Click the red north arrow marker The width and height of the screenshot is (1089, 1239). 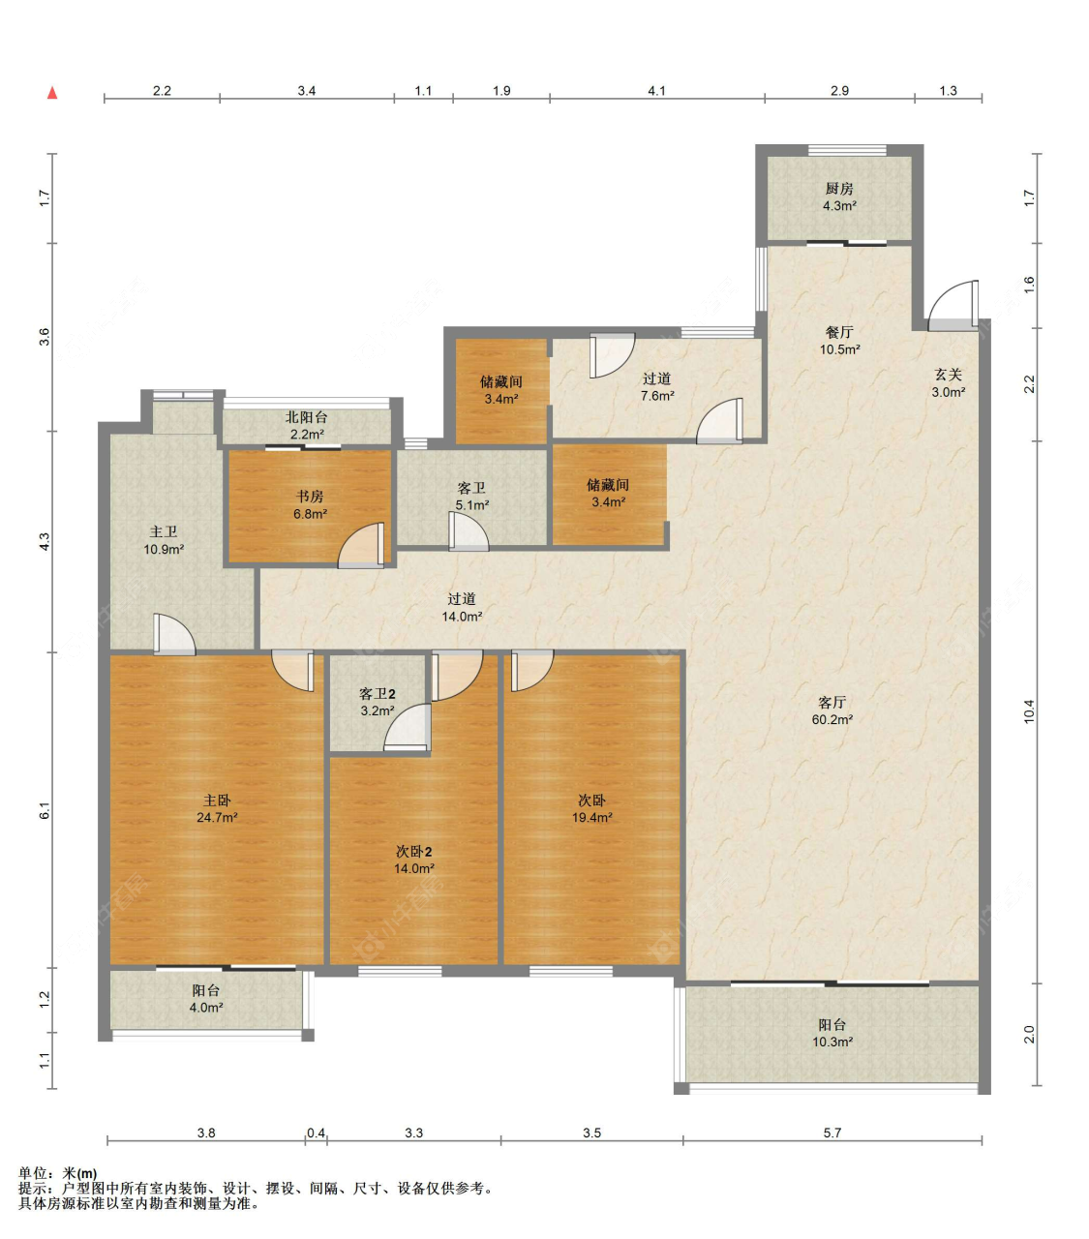tap(52, 93)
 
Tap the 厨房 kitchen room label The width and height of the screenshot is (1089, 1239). tap(838, 189)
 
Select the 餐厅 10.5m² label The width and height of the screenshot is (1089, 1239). tap(839, 341)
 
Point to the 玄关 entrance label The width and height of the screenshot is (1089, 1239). tap(948, 375)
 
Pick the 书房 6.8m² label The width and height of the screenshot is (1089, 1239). tap(310, 505)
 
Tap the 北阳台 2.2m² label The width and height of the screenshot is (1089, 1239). tap(306, 426)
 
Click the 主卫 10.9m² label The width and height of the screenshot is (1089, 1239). tap(164, 540)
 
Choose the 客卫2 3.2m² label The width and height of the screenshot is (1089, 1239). tap(378, 702)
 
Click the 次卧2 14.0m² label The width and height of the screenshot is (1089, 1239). tap(414, 860)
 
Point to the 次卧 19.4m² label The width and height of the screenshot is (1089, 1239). tap(591, 808)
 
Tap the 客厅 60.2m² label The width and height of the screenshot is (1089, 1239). tap(832, 710)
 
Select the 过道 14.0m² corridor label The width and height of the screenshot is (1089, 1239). tap(462, 607)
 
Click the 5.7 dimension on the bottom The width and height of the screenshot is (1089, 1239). tap(832, 1133)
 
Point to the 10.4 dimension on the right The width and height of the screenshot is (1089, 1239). tap(1030, 711)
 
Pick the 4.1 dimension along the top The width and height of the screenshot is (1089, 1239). tap(656, 91)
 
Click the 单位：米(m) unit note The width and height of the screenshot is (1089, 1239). tap(57, 1173)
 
